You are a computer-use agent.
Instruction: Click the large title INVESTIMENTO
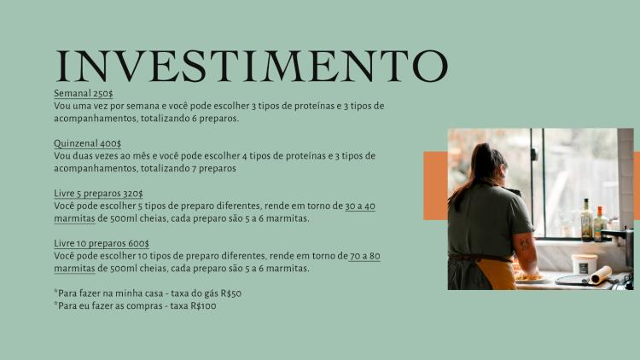(x=252, y=66)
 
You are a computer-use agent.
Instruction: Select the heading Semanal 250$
(x=84, y=94)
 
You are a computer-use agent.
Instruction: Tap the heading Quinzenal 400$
(x=87, y=143)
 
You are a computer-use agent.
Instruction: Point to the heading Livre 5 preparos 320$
(x=98, y=194)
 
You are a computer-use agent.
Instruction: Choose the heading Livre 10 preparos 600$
(x=102, y=244)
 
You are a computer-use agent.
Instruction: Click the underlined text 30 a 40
(x=360, y=206)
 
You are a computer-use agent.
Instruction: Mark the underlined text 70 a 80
(x=365, y=256)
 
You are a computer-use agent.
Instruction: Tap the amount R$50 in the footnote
(x=231, y=293)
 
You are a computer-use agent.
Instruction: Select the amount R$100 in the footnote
(x=203, y=306)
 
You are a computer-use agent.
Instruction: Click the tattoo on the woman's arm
(x=525, y=246)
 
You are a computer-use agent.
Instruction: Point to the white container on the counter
(x=584, y=264)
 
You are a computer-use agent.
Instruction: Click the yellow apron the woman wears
(x=497, y=274)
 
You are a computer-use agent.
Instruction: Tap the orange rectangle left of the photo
(x=435, y=186)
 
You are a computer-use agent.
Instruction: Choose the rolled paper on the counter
(x=602, y=275)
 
